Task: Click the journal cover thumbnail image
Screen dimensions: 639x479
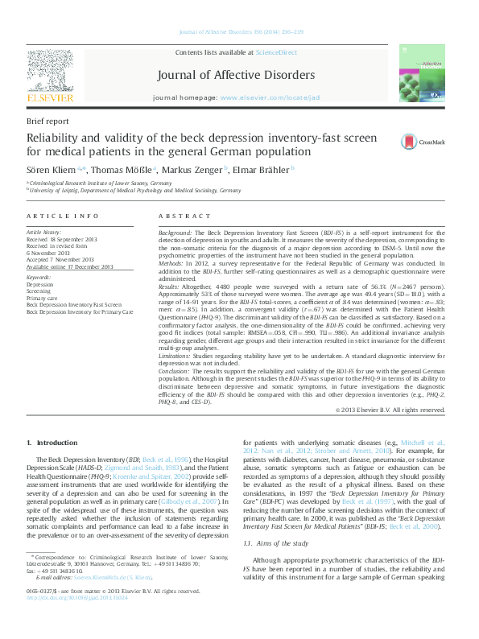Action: [423, 76]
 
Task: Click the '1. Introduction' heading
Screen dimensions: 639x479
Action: [52, 443]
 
